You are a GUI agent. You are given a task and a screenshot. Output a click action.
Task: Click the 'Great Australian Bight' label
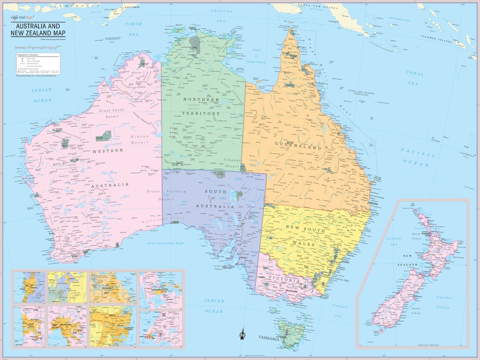coord(166,243)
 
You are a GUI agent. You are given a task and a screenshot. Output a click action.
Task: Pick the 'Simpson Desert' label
coord(232,163)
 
